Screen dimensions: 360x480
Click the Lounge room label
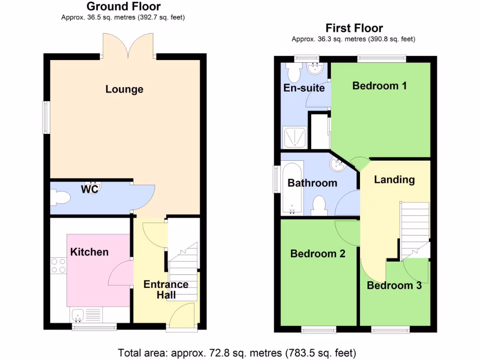(x=124, y=89)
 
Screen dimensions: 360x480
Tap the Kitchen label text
(x=89, y=252)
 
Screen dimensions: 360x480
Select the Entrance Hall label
(x=166, y=290)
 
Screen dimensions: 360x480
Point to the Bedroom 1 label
(x=379, y=86)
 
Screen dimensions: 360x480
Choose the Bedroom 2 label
(x=318, y=254)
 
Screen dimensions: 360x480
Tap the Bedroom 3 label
(x=394, y=285)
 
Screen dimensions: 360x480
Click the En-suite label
(x=304, y=88)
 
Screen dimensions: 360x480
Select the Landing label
(x=394, y=180)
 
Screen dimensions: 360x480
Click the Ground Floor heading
(x=124, y=7)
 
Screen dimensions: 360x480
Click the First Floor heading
(x=354, y=28)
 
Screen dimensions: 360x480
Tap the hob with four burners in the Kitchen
(x=59, y=266)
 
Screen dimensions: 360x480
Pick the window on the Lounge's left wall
(x=45, y=117)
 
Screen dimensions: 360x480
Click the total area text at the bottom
(x=237, y=352)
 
